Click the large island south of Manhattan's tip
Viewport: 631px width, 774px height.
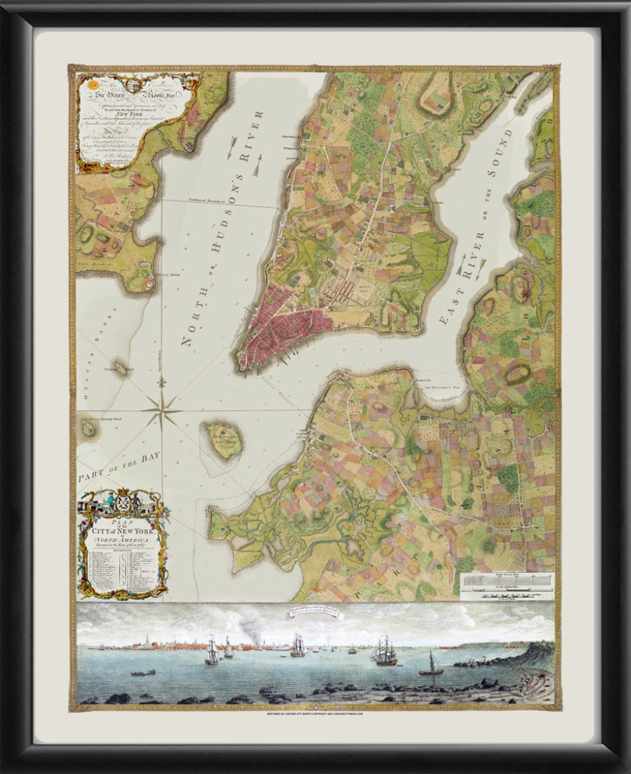[x=224, y=441]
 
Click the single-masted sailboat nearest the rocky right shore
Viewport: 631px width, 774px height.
[x=431, y=664]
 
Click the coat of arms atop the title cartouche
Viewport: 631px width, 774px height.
[x=122, y=501]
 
